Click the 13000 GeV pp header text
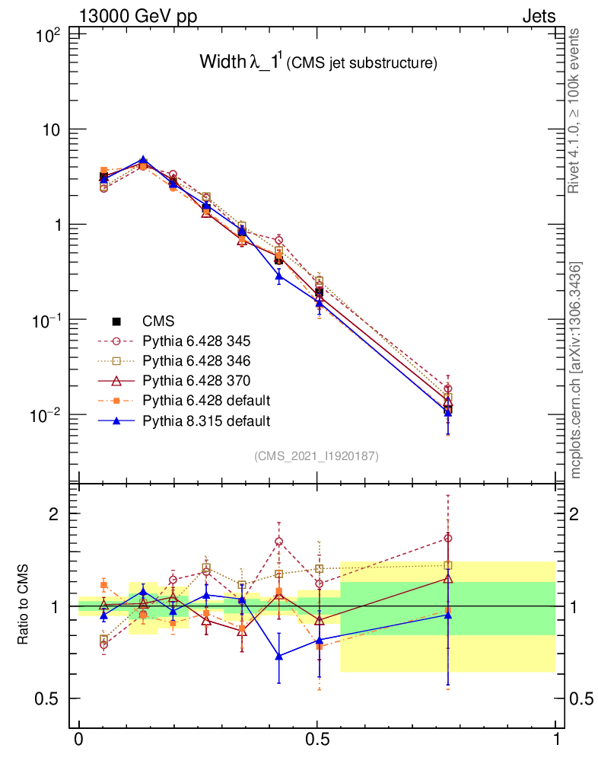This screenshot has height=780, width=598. [x=138, y=16]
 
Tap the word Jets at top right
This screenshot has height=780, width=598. [x=538, y=16]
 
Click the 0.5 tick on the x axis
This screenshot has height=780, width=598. [x=317, y=740]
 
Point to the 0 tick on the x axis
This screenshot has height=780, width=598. [x=78, y=740]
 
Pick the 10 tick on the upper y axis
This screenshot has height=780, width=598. [x=50, y=129]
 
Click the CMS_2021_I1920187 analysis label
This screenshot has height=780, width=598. [x=316, y=456]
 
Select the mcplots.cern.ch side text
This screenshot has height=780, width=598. [x=576, y=369]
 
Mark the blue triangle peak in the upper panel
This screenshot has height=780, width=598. [x=142, y=161]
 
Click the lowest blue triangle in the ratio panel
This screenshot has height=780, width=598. [x=279, y=655]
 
